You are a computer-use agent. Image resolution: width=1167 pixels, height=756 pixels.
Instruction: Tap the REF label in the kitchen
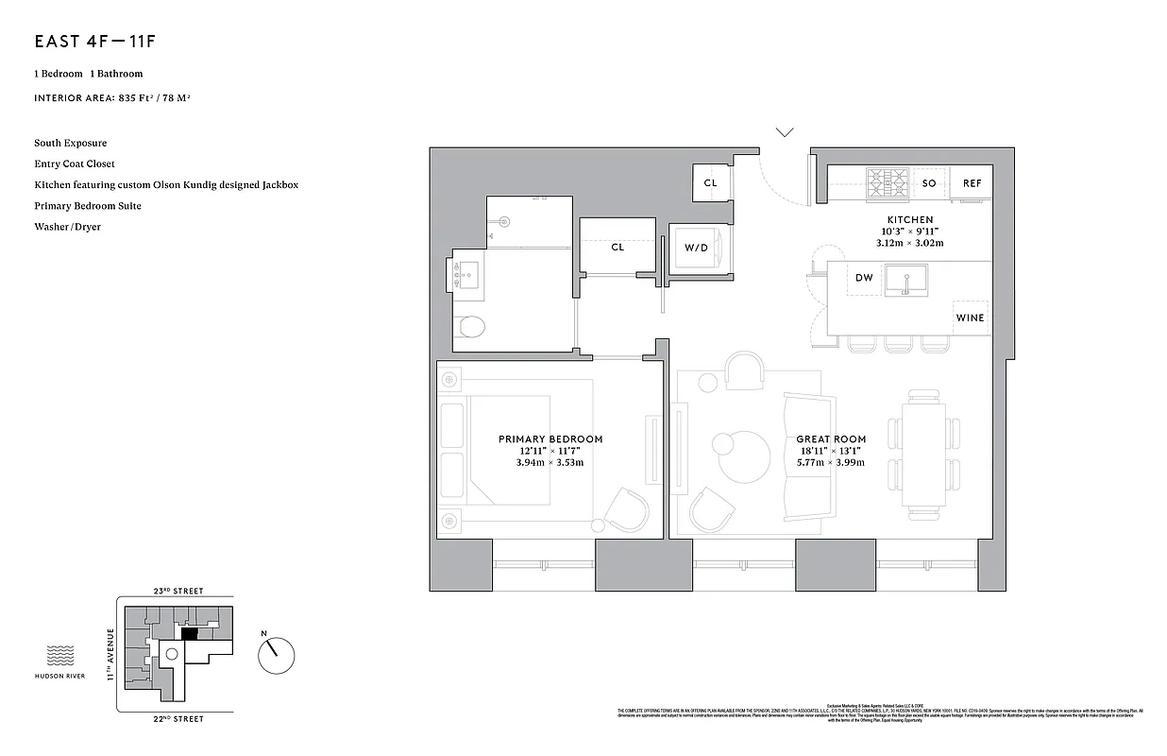pos(972,183)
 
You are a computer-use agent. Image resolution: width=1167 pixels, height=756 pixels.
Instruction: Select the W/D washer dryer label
pos(696,248)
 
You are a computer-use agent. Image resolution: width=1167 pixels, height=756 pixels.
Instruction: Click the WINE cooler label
pos(970,318)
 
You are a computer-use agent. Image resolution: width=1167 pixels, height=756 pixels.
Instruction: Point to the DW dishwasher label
pos(864,278)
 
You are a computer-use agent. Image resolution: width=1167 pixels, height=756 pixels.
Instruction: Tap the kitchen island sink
pos(905,281)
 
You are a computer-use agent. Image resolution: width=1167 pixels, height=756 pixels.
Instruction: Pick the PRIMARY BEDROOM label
pos(550,439)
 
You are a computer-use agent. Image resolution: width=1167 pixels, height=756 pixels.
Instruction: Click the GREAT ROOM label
pos(831,439)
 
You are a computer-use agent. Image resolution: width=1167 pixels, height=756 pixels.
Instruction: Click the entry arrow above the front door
pos(785,132)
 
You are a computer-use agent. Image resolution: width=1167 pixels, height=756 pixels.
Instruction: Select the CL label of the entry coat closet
pos(710,183)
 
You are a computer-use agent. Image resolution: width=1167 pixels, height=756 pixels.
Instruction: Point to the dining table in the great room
pos(923,454)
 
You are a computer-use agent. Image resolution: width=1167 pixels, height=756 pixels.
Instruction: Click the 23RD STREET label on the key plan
pos(178,591)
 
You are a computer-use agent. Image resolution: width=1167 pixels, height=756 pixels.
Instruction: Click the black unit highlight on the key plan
pos(189,634)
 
